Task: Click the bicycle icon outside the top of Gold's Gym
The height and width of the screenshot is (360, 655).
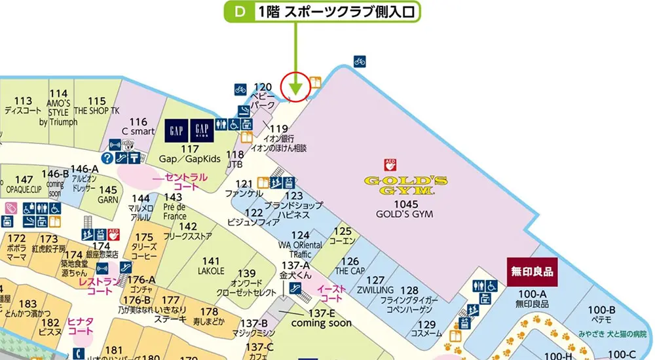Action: [x=360, y=61]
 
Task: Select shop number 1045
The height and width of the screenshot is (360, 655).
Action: [x=401, y=204]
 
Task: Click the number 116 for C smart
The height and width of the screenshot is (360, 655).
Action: [x=138, y=122]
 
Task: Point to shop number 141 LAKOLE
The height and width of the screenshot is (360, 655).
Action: [x=211, y=261]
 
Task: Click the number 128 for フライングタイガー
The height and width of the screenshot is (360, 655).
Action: [x=409, y=291]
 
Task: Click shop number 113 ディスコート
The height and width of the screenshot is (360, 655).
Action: [x=22, y=101]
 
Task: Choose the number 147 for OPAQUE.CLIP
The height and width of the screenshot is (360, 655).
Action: [x=24, y=180]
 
